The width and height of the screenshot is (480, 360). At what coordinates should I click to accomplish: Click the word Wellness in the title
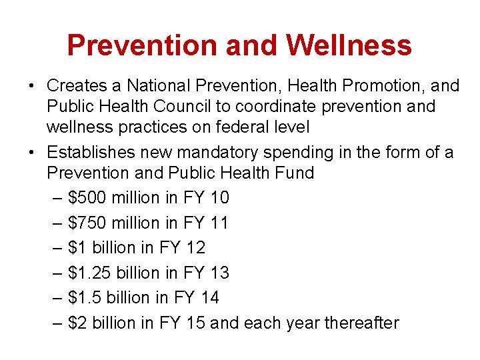click(x=349, y=45)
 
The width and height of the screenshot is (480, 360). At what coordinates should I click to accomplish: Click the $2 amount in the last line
click(x=77, y=323)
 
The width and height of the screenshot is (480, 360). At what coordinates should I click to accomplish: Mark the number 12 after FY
click(x=195, y=247)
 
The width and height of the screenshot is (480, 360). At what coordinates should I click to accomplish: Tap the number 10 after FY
click(x=219, y=197)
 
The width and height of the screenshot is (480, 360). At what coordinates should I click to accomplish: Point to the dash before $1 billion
click(x=57, y=248)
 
